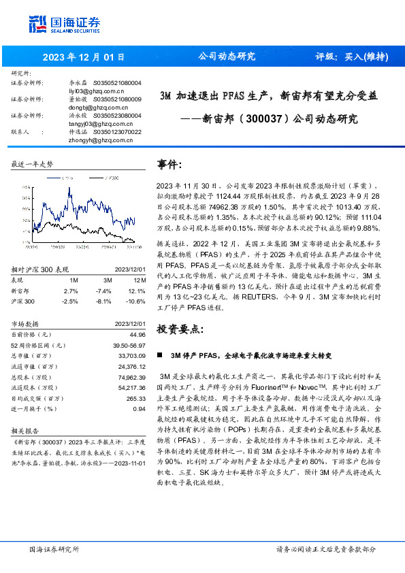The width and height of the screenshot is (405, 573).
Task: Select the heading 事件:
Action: pos(170,165)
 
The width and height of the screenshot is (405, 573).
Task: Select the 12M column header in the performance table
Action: pos(139,280)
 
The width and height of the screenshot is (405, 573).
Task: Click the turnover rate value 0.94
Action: pos(140,408)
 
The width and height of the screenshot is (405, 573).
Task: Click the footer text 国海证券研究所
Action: pos(54,549)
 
